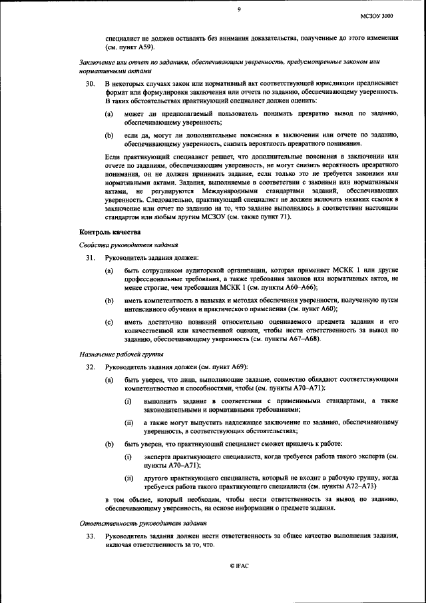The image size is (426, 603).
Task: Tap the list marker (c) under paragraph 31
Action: (108, 322)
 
